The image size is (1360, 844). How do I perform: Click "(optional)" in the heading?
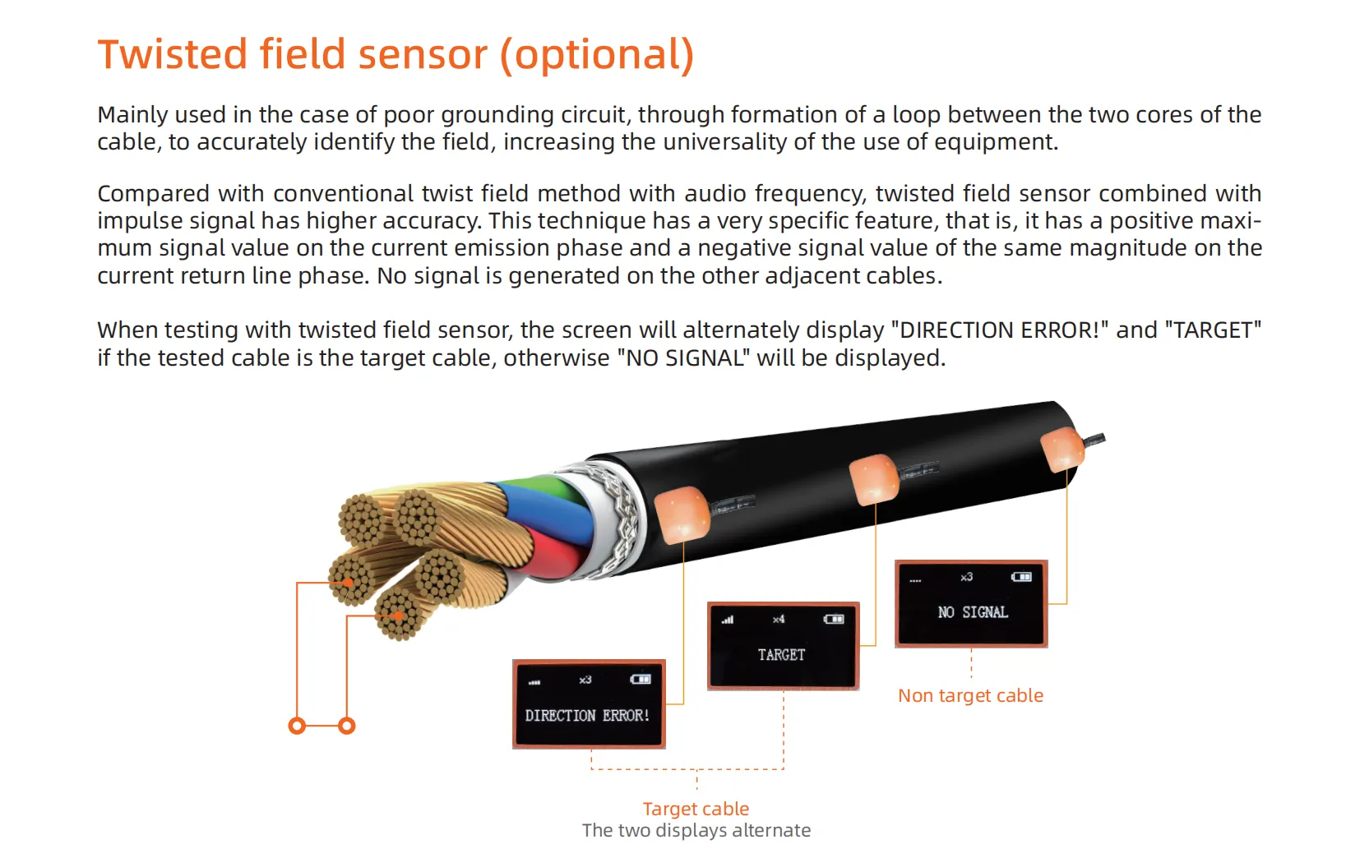(597, 55)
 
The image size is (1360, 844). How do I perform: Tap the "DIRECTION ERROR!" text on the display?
(587, 716)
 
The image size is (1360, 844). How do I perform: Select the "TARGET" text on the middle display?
(781, 655)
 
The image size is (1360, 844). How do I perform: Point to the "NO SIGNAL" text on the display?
(973, 612)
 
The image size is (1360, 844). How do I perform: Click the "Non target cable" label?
(970, 696)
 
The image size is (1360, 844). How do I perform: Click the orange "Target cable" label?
(696, 809)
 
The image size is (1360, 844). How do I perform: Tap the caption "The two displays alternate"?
(696, 830)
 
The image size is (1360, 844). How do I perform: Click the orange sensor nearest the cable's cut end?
(682, 514)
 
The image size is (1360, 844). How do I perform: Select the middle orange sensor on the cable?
(873, 478)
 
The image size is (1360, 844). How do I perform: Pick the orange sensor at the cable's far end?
(1062, 450)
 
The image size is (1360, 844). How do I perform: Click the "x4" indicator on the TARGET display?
(779, 620)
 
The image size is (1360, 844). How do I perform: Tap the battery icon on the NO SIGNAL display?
(1021, 577)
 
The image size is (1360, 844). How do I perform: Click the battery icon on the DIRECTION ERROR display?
(641, 680)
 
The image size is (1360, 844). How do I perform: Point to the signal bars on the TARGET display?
(728, 620)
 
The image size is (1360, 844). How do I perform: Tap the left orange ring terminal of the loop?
(298, 726)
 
